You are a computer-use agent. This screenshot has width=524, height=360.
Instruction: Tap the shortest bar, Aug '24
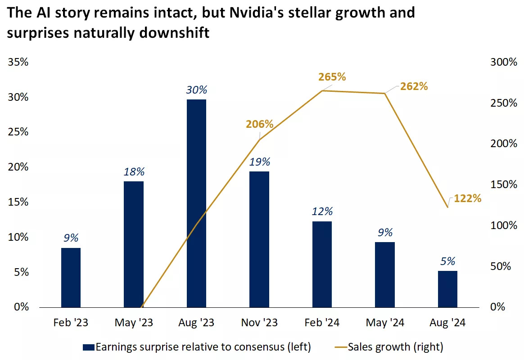coord(447,289)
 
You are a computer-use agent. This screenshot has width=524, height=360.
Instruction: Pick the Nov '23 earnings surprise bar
coord(259,239)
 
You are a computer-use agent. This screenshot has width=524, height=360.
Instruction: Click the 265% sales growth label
coord(332,77)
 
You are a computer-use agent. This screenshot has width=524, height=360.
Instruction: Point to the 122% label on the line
coord(468,198)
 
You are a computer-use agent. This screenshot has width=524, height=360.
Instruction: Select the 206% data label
coord(260,124)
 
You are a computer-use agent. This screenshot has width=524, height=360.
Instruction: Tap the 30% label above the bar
coord(196,90)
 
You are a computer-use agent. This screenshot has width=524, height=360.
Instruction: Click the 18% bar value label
coord(134,172)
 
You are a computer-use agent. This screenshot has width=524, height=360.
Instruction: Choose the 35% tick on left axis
coord(18,62)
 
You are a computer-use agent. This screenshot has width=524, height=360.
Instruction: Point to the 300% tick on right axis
coord(503,62)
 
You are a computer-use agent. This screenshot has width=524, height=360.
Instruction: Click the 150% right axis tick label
coord(503,184)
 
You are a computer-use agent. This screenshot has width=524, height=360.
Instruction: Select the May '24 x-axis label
coord(385,323)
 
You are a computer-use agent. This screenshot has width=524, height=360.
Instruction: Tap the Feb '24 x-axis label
coord(322,323)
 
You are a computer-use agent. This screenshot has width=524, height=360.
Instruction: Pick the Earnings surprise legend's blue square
coord(88,347)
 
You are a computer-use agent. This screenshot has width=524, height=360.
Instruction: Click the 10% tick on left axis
coord(18,237)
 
